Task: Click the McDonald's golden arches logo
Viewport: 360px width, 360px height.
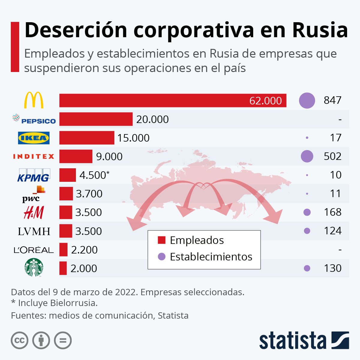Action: [x=34, y=100]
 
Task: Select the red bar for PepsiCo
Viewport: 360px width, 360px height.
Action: [x=96, y=119]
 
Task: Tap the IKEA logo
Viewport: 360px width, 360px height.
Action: [x=34, y=138]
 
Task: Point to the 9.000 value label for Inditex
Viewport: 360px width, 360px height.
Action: [x=109, y=157]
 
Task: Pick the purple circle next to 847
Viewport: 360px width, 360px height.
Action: [x=307, y=100]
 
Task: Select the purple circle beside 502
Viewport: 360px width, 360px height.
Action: [x=307, y=156]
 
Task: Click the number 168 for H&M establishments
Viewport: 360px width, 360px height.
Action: [x=332, y=212]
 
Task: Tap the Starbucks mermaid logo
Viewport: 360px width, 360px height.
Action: [x=34, y=267]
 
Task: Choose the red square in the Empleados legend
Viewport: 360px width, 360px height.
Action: [x=162, y=240]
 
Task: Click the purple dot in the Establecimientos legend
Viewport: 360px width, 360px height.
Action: [x=162, y=257]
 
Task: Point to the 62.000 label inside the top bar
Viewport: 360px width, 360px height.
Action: [x=265, y=101]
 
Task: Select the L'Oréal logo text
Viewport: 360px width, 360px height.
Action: [x=34, y=250]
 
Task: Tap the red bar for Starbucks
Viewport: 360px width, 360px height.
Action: [x=63, y=268]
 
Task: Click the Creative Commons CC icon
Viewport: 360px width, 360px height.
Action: [x=19, y=340]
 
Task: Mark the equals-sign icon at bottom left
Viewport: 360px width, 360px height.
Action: [x=63, y=340]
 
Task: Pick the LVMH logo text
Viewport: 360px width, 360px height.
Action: [x=34, y=231]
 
